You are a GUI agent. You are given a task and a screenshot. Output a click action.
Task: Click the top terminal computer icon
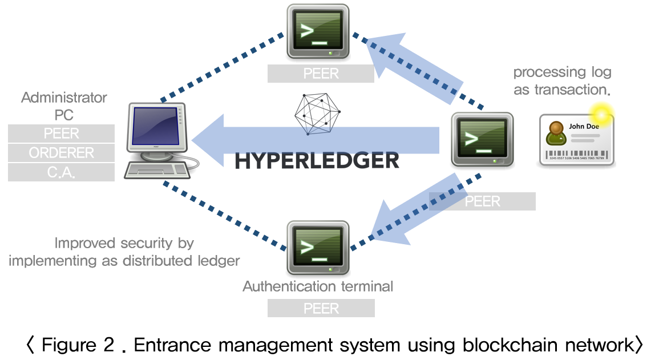click(318, 32)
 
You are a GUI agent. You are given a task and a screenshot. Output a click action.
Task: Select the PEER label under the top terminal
click(321, 74)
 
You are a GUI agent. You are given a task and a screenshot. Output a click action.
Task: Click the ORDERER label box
click(61, 153)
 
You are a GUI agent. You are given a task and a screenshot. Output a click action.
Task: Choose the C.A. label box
click(61, 172)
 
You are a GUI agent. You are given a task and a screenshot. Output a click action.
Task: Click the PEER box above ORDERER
click(61, 134)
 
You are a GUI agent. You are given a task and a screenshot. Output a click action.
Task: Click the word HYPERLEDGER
click(317, 161)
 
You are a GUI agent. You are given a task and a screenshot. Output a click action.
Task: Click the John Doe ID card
click(576, 139)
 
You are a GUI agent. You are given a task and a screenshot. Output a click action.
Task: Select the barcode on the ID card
click(577, 155)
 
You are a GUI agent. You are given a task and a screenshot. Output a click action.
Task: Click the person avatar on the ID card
click(555, 134)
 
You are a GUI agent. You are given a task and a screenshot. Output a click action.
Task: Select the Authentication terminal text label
click(318, 286)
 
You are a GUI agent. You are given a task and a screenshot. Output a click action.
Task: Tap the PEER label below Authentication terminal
click(321, 309)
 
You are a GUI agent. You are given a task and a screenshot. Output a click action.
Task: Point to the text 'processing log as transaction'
click(562, 80)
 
